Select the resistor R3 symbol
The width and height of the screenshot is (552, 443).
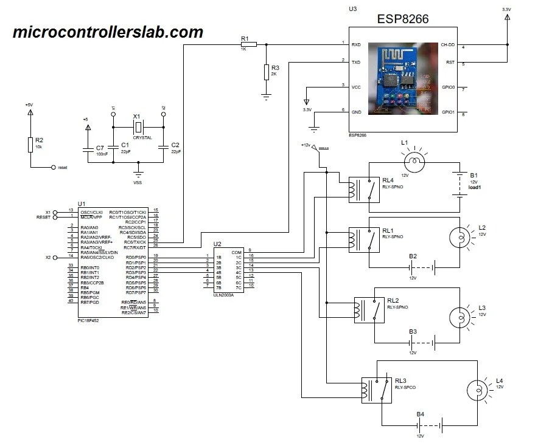pyautogui.click(x=266, y=72)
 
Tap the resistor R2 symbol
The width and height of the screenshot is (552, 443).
pyautogui.click(x=30, y=145)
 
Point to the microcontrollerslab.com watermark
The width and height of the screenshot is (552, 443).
pyautogui.click(x=108, y=32)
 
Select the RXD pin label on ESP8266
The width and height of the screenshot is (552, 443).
pyautogui.click(x=357, y=44)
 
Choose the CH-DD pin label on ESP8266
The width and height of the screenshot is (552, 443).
pyautogui.click(x=447, y=45)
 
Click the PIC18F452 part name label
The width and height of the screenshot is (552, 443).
pyautogui.click(x=88, y=320)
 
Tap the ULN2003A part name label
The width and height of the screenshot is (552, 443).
pyautogui.click(x=224, y=295)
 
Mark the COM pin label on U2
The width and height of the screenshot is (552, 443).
pyautogui.click(x=237, y=252)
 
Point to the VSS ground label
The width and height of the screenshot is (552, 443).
pyautogui.click(x=138, y=182)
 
